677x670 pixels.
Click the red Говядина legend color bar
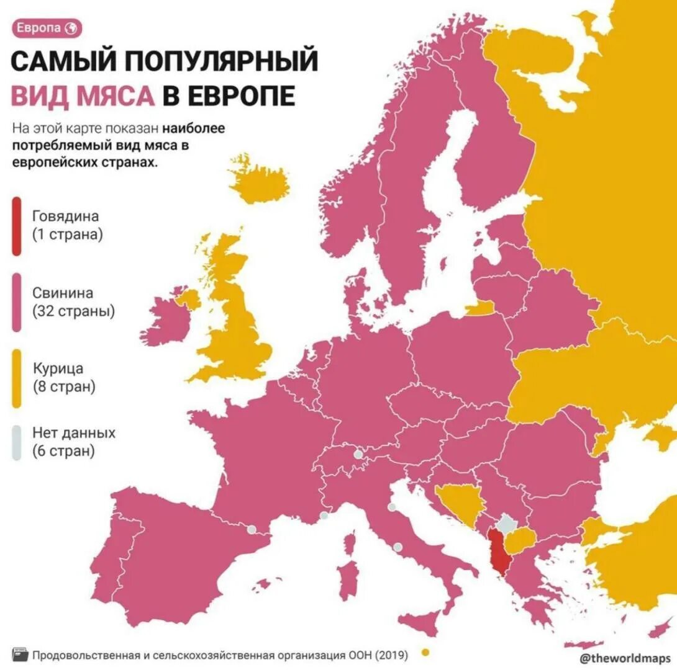pyautogui.click(x=17, y=226)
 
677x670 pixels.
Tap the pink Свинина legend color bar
pyautogui.click(x=17, y=302)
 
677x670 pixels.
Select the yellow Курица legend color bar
pyautogui.click(x=17, y=378)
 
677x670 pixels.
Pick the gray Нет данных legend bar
pyautogui.click(x=17, y=442)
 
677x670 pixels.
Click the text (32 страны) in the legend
pyautogui.click(x=74, y=310)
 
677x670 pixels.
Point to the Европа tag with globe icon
pyautogui.click(x=47, y=28)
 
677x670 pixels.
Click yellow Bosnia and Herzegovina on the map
pyautogui.click(x=460, y=502)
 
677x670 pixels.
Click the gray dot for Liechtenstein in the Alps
pyautogui.click(x=358, y=455)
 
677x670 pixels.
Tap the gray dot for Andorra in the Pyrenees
pyautogui.click(x=251, y=530)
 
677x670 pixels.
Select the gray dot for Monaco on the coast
pyautogui.click(x=324, y=516)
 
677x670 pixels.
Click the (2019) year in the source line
pyautogui.click(x=392, y=654)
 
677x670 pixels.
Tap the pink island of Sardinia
pyautogui.click(x=349, y=571)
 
